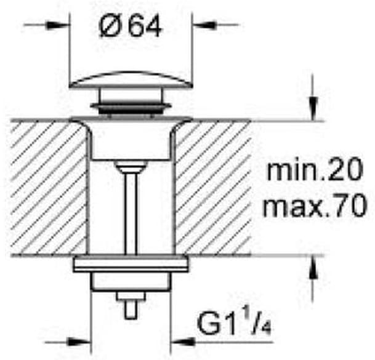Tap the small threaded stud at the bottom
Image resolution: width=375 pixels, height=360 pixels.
click(x=130, y=306)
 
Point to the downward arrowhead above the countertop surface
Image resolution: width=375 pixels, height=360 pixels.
click(x=313, y=112)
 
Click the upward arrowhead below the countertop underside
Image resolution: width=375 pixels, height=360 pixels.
click(x=313, y=263)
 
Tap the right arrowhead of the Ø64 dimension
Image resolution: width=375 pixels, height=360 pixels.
click(x=201, y=25)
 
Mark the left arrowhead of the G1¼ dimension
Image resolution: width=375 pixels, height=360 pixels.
click(x=84, y=340)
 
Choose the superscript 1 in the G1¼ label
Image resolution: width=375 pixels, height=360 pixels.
click(x=236, y=318)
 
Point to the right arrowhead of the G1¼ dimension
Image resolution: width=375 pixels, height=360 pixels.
click(x=179, y=340)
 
